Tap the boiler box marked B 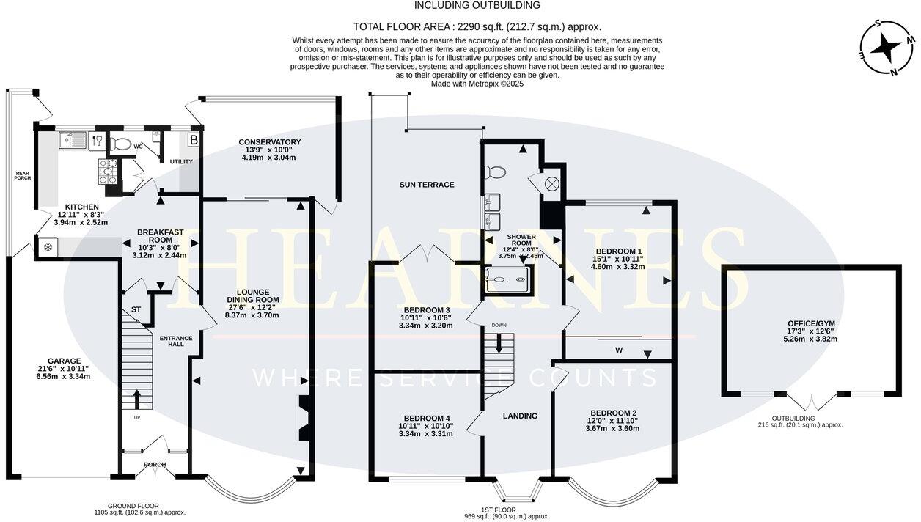pos(194,140)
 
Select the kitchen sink pos(73,140)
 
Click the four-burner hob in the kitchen pos(108,172)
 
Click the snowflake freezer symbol pos(48,247)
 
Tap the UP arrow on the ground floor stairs pos(137,399)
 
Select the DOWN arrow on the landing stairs pos(499,343)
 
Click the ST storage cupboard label pos(136,309)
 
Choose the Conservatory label pos(270,142)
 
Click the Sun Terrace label pos(427,185)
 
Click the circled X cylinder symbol pos(551,184)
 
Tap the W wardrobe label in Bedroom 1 pos(619,350)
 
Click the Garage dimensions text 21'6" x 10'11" pos(63,369)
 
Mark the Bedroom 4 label pos(426,418)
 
